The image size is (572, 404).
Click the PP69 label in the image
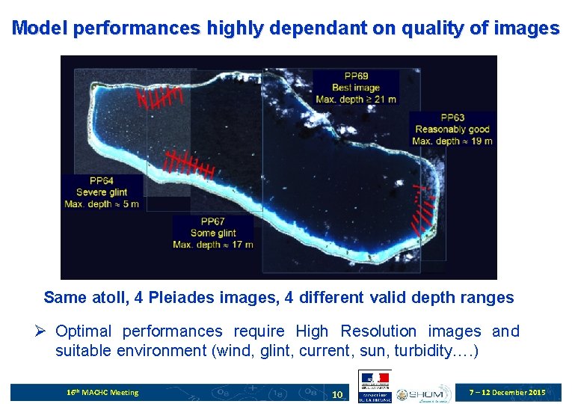point(356,76)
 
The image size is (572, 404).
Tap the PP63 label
point(452,117)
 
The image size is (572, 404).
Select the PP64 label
point(101,180)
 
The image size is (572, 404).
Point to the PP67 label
point(212,221)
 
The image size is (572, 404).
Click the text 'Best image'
point(356,88)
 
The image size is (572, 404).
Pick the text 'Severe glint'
point(102,192)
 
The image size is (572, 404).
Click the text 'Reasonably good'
point(452,129)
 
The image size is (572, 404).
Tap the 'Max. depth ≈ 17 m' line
point(212,244)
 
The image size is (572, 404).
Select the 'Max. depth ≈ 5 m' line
point(102,204)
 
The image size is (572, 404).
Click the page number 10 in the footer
point(337,394)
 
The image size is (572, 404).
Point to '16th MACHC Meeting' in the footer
point(102,392)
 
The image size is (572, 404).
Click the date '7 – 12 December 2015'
point(506,392)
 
